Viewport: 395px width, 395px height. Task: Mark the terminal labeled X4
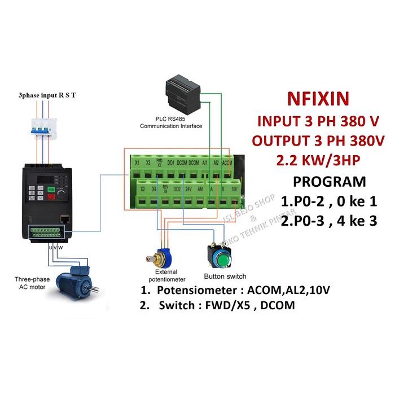153,190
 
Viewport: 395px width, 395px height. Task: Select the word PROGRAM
329,182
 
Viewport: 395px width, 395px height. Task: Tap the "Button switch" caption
225,276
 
